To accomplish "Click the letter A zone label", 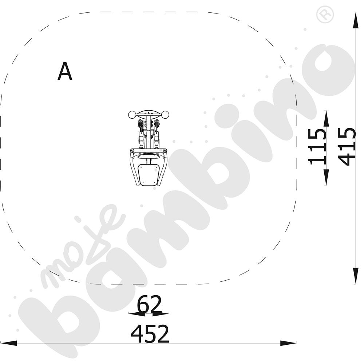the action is click(65, 72).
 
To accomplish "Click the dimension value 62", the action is click(149, 304).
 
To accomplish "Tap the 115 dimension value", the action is click(317, 146).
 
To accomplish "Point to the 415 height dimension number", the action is click(347, 146).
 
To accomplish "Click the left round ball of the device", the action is click(132, 115).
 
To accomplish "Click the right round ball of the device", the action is click(165, 115).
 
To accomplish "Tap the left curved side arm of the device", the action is click(133, 167).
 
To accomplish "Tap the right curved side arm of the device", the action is click(163, 167).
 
